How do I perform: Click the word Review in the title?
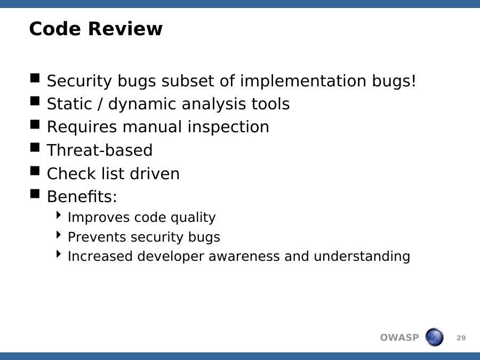(x=125, y=29)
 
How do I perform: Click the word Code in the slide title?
(x=55, y=29)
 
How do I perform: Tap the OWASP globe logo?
(x=434, y=337)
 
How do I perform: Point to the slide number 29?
(x=461, y=338)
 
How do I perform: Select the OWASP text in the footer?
(x=399, y=338)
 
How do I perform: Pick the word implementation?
(x=303, y=82)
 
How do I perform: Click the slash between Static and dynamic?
(x=100, y=104)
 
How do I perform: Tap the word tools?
(x=270, y=104)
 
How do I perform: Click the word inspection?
(x=228, y=127)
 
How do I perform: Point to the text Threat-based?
(x=100, y=150)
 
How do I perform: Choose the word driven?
(x=155, y=173)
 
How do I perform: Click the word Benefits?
(x=82, y=196)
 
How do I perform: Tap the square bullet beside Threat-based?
(x=35, y=148)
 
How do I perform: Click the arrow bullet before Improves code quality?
(x=59, y=215)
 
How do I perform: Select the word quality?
(x=193, y=218)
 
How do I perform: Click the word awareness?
(x=244, y=257)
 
